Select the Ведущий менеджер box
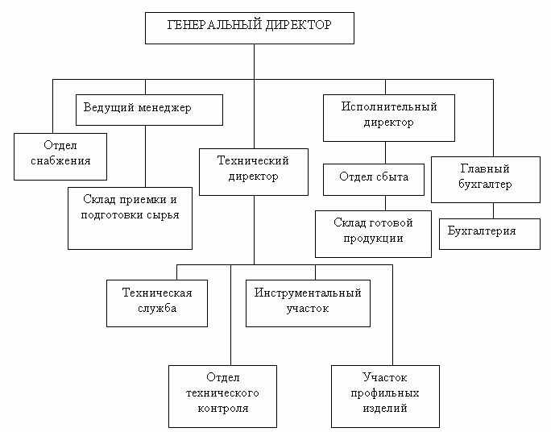149,110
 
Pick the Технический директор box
254,171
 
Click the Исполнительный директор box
388,118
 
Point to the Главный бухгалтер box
486,179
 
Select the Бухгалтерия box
489,233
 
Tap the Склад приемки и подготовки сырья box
130,217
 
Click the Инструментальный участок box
307,301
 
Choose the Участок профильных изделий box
385,396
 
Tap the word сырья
161,215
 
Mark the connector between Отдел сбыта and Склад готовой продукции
385,203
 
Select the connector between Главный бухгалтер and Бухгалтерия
492,210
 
